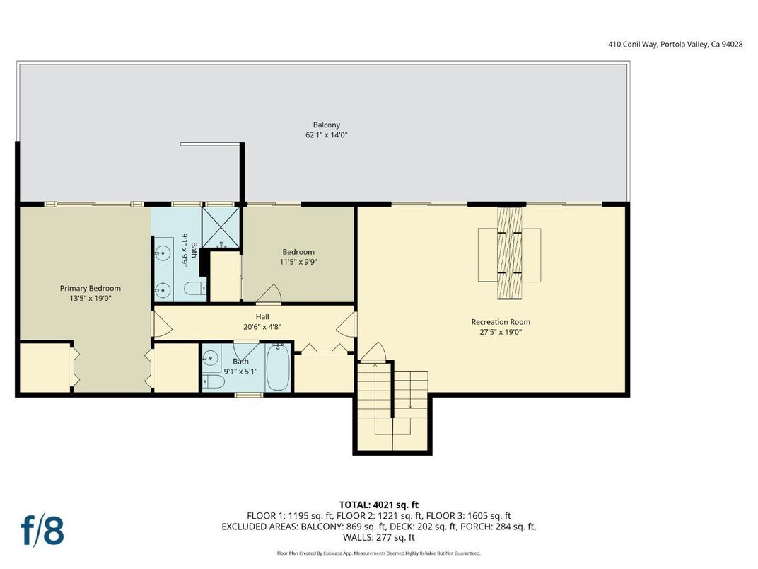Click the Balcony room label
pyautogui.click(x=327, y=125)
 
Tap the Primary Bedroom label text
pyautogui.click(x=90, y=288)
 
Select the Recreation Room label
pyautogui.click(x=501, y=322)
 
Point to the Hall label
pyautogui.click(x=262, y=317)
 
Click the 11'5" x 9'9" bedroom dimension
pyautogui.click(x=298, y=262)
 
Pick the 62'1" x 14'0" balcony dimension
pyautogui.click(x=327, y=134)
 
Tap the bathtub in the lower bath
pyautogui.click(x=278, y=368)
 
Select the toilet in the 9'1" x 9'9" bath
pyautogui.click(x=194, y=288)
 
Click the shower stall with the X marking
pyautogui.click(x=222, y=226)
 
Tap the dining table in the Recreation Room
pyautogui.click(x=509, y=253)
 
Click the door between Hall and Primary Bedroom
pyautogui.click(x=160, y=323)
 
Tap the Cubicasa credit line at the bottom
pyautogui.click(x=378, y=553)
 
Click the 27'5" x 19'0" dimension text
pyautogui.click(x=501, y=331)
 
